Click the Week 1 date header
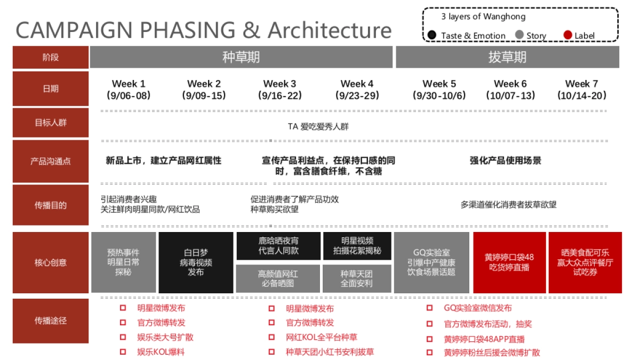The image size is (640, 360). click(129, 90)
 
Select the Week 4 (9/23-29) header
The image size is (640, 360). click(357, 90)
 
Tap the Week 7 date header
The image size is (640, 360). click(582, 90)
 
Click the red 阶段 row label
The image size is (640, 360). click(51, 57)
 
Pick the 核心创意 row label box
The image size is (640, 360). click(51, 262)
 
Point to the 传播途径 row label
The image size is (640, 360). click(51, 321)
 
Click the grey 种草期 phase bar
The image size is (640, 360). click(241, 57)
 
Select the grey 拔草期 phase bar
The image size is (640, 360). click(507, 57)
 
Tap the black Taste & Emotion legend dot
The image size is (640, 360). click(432, 36)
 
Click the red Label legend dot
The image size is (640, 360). click(568, 36)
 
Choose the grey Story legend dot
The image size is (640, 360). click(519, 36)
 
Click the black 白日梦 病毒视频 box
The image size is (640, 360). click(196, 262)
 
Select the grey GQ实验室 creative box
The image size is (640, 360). click(431, 262)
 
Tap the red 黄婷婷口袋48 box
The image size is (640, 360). click(509, 262)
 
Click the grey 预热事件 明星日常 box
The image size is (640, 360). click(123, 262)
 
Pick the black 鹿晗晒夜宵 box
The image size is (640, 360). click(278, 245)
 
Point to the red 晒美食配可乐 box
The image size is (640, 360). click(585, 262)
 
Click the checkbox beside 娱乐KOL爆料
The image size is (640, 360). click(123, 352)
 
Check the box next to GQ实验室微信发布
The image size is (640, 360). click(430, 308)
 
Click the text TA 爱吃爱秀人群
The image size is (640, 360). click(318, 127)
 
